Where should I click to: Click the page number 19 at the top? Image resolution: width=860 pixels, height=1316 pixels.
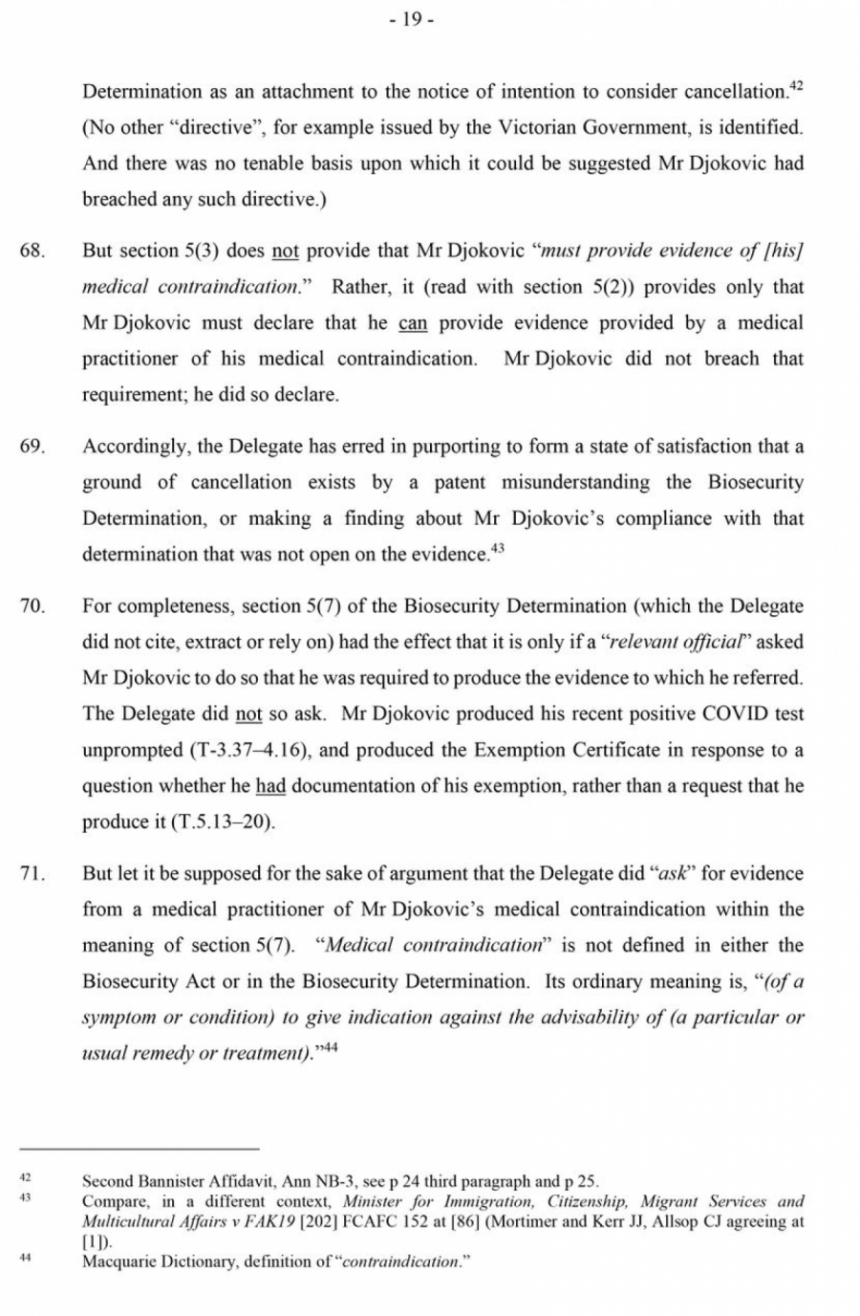[x=412, y=21]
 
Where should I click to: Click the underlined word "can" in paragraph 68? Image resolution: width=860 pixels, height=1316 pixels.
[x=413, y=323]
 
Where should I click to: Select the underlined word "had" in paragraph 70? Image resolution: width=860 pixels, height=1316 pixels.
[x=270, y=786]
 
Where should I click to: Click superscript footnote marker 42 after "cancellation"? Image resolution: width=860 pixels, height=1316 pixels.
[x=796, y=86]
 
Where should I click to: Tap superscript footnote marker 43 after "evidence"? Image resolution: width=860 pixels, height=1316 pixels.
[x=497, y=548]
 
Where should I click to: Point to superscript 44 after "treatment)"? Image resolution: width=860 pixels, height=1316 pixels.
[x=330, y=1047]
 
